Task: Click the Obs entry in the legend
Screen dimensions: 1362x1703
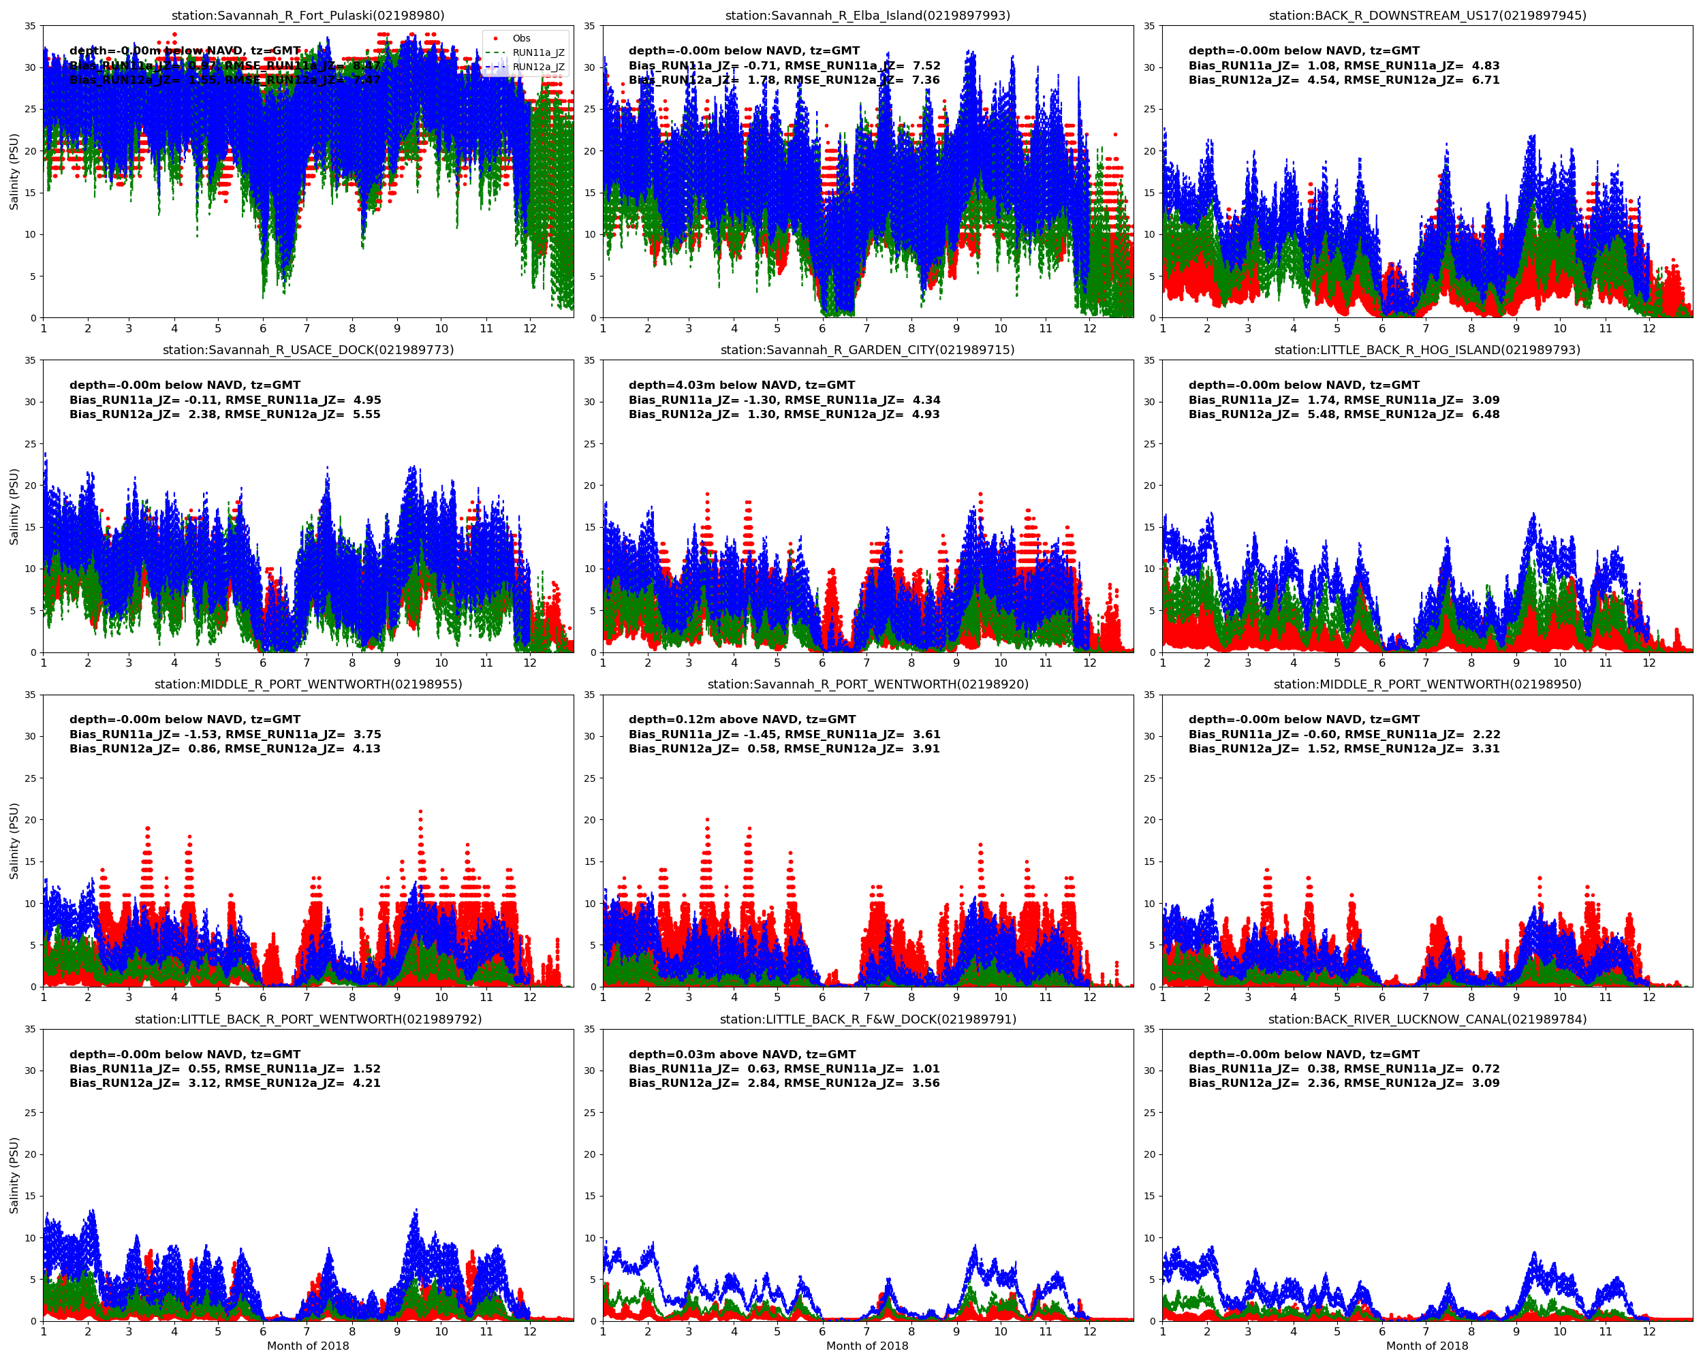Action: coord(520,38)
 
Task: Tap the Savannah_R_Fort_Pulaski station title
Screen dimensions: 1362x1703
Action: coord(308,15)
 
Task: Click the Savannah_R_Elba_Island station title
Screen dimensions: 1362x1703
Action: coord(867,15)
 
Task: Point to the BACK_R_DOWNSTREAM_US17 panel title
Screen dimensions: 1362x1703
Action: coord(1426,15)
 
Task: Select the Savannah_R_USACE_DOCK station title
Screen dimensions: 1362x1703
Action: coord(308,350)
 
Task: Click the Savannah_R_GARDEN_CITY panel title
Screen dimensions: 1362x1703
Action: coord(867,350)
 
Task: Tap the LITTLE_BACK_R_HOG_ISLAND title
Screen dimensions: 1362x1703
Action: coord(1426,350)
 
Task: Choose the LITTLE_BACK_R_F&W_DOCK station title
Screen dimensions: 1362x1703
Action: coord(867,1019)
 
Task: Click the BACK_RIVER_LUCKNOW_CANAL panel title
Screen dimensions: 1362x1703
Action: coord(1426,1019)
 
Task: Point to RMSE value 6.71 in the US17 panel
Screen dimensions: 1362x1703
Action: coord(1485,80)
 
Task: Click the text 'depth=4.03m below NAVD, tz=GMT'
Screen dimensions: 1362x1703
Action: coord(744,385)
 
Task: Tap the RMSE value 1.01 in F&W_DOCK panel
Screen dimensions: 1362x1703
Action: coord(926,1069)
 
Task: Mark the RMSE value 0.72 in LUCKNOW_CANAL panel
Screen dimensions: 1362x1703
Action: coord(1485,1069)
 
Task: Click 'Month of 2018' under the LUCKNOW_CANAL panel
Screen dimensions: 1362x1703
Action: coord(1426,1346)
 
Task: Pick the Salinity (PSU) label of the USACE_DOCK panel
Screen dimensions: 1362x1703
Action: coord(14,506)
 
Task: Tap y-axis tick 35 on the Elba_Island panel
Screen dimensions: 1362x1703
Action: coord(589,26)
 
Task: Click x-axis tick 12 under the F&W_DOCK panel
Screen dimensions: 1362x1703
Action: coord(1089,1331)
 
